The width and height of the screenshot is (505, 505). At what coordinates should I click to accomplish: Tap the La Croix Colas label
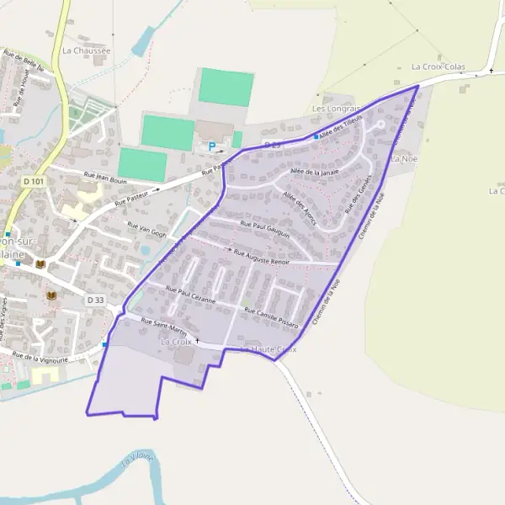(x=439, y=66)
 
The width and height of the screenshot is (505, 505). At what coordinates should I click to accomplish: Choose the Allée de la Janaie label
(x=313, y=172)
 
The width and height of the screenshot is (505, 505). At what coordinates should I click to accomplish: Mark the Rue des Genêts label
(x=358, y=193)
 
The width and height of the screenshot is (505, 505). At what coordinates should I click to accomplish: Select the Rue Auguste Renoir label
(x=261, y=257)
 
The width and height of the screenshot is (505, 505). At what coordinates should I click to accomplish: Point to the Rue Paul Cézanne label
(x=190, y=295)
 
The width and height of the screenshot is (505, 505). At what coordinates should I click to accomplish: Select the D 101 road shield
(x=33, y=181)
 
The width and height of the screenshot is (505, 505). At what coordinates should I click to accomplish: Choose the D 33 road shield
(x=95, y=300)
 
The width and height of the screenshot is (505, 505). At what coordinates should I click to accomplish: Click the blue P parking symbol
(x=212, y=146)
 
